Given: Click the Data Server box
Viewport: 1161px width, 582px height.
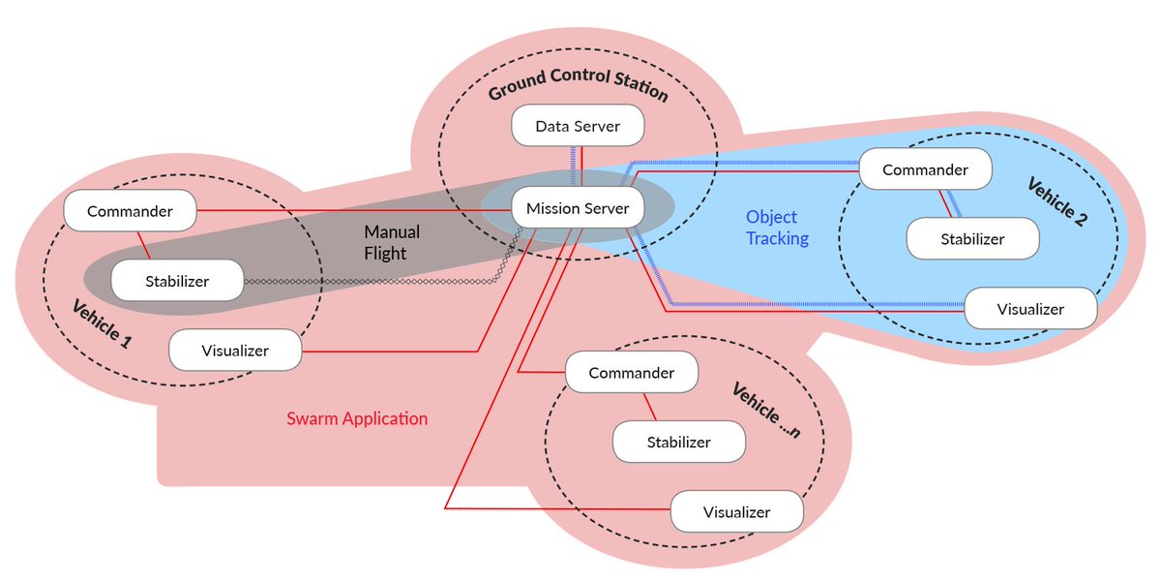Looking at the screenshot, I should [578, 127].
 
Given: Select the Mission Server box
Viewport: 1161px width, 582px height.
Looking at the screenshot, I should [578, 208].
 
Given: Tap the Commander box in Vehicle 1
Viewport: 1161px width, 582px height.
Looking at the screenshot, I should [130, 211].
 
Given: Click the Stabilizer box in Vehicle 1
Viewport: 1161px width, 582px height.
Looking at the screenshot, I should [176, 282].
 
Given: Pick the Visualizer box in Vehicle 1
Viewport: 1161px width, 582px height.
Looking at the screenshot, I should [235, 350].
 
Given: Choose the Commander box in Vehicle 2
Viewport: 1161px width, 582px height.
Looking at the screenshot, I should [925, 169].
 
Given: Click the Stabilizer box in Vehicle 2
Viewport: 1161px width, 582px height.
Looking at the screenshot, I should [972, 238].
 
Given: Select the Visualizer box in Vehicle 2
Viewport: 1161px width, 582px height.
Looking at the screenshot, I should [1030, 309].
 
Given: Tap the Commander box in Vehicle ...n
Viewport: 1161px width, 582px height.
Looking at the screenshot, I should [632, 373].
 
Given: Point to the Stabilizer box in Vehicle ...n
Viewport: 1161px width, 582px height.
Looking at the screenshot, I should [678, 443].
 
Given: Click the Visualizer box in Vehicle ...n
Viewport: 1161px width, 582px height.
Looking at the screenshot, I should [736, 512].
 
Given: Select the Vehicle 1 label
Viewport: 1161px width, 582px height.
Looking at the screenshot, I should [102, 325].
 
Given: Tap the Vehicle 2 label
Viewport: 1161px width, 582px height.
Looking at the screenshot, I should [1057, 201].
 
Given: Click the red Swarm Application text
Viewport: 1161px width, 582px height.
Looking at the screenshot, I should [357, 419].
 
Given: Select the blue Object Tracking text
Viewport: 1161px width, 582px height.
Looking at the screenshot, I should [777, 228].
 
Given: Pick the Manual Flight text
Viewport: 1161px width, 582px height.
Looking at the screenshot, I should [392, 243].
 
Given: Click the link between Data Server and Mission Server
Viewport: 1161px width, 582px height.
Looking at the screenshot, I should [578, 167].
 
